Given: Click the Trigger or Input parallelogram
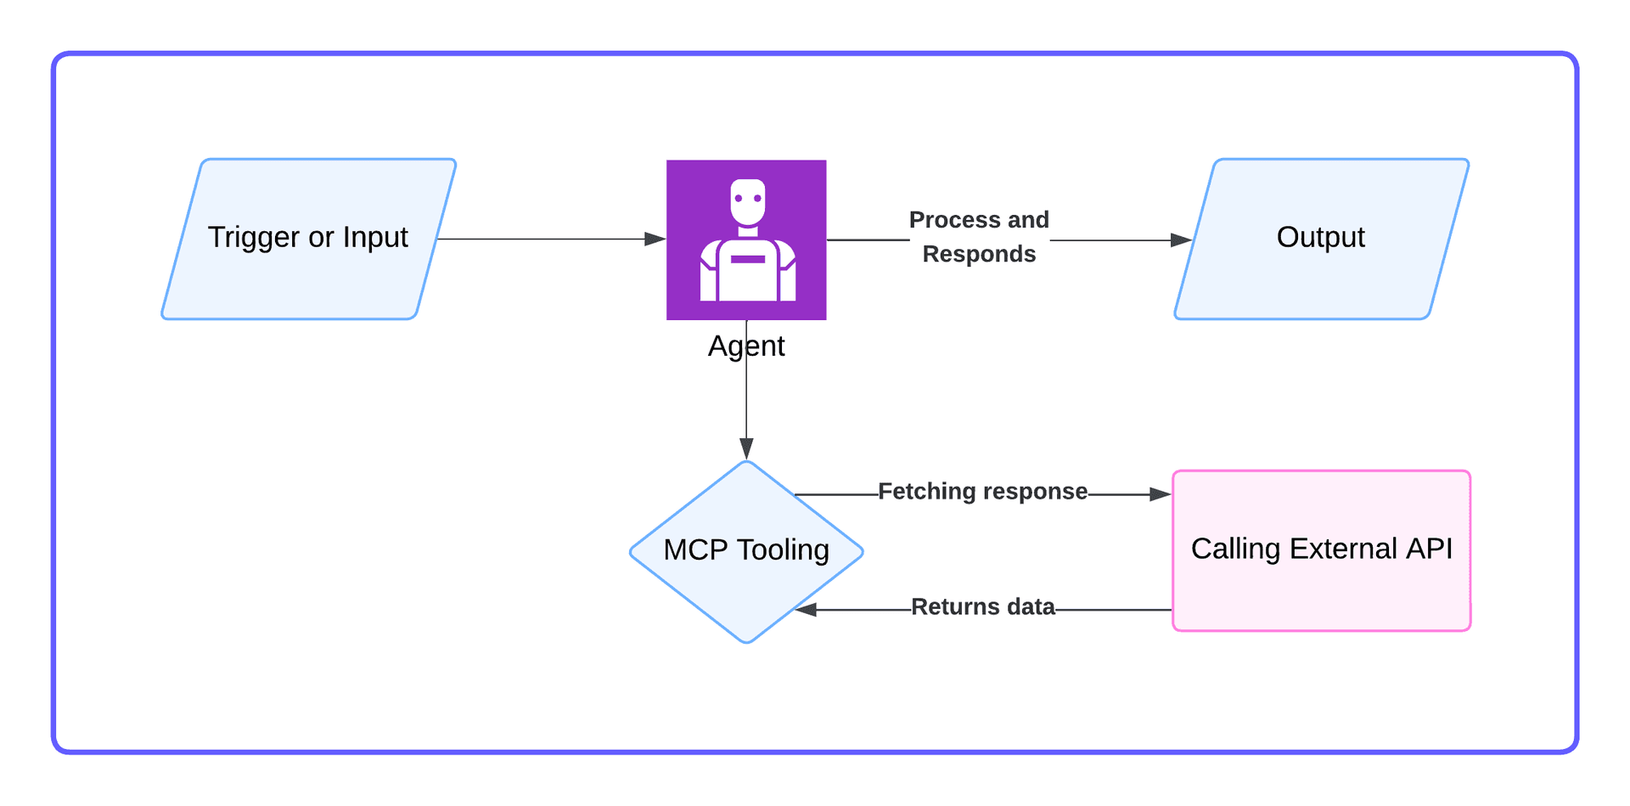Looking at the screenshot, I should tap(309, 239).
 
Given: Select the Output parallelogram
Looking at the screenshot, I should tap(1321, 239).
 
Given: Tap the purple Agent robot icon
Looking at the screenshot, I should tap(746, 240).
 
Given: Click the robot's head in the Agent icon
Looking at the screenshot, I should tap(748, 201).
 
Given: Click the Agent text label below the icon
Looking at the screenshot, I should tap(746, 347).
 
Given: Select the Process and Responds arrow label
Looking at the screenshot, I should tap(979, 237).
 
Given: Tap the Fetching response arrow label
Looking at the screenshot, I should tap(982, 492).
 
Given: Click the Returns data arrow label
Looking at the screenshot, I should tap(982, 607).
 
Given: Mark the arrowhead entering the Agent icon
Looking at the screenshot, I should tap(655, 240).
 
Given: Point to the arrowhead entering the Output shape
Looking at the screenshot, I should tap(1181, 240).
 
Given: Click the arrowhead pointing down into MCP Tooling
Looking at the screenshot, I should tap(746, 448).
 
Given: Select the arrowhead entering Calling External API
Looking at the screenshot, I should tap(1161, 494).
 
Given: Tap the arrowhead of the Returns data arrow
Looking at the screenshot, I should tap(806, 610).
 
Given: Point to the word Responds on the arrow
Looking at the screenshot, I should tap(979, 254).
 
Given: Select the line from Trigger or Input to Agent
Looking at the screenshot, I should tap(543, 240).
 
